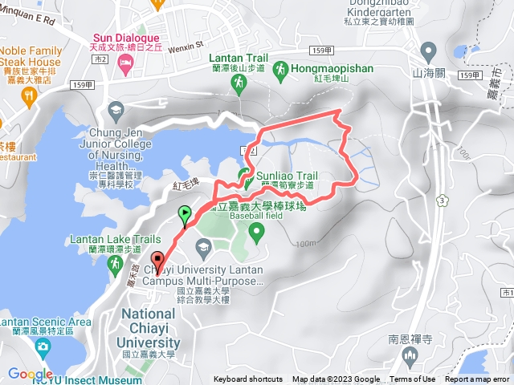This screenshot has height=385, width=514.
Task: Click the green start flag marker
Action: click(x=186, y=214)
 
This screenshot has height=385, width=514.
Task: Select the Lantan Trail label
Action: click(x=238, y=58)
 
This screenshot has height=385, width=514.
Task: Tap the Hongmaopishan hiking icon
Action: click(x=279, y=70)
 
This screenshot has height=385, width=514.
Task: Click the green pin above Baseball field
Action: click(x=257, y=233)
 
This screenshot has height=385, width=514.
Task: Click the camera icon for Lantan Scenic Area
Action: click(x=42, y=347)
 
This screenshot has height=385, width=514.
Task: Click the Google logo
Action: click(x=30, y=374)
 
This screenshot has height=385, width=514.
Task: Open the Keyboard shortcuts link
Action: click(x=248, y=379)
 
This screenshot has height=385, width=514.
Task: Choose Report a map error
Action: click(x=477, y=379)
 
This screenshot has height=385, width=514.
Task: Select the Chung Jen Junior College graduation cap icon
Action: click(x=117, y=110)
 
